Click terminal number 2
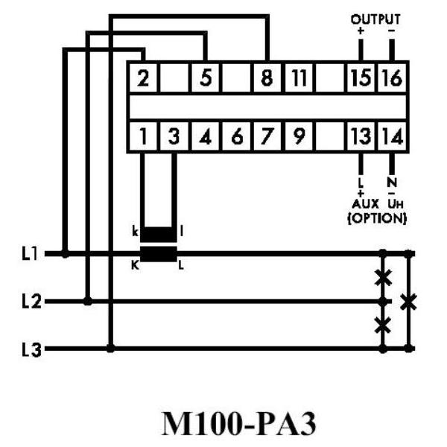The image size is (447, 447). pos(143,77)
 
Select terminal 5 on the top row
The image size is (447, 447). pos(206,77)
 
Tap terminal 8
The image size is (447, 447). pos(267,77)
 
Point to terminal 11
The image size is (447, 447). pos(299,77)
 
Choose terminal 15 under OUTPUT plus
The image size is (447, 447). pos(361,77)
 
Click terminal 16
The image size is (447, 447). pos(393,77)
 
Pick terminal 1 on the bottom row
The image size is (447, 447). pos(143,136)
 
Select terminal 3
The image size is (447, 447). pos(174,136)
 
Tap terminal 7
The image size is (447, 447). pos(267,136)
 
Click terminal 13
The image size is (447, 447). pos(361,136)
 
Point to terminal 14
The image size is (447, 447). pos(393,136)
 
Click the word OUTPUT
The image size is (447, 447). pos(375,19)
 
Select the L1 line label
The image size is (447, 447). pos(30,253)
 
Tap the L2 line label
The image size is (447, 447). pos(31,302)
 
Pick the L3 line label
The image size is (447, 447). pos(31,349)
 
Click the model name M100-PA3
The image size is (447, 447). pos(239,424)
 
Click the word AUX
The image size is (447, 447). pos(365,204)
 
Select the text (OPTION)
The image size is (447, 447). pos(377,218)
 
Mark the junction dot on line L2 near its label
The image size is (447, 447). pos(88,301)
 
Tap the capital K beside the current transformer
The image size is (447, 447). pos(135,266)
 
